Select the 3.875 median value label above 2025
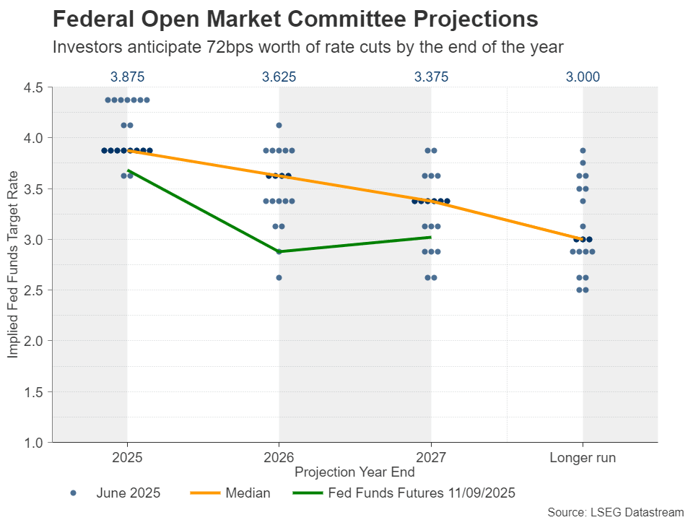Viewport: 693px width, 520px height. pyautogui.click(x=127, y=77)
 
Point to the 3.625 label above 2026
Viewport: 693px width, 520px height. pyautogui.click(x=279, y=77)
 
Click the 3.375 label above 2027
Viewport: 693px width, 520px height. pyautogui.click(x=431, y=77)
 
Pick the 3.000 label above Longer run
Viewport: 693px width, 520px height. pyautogui.click(x=583, y=77)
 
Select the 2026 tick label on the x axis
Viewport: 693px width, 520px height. pyautogui.click(x=279, y=458)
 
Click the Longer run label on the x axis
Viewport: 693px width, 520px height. pyautogui.click(x=583, y=458)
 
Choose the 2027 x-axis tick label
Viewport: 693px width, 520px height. pyautogui.click(x=431, y=458)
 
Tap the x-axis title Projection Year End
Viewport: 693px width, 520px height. pyautogui.click(x=354, y=472)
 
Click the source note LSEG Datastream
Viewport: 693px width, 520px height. pyautogui.click(x=615, y=511)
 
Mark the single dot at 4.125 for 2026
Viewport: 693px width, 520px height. pyautogui.click(x=279, y=126)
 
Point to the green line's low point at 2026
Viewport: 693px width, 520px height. pyautogui.click(x=279, y=251)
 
